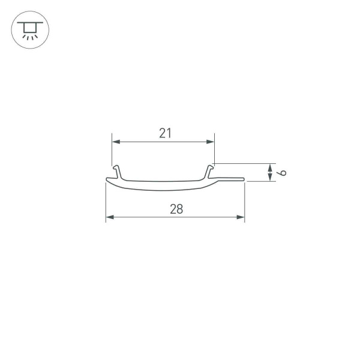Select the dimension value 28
(176, 209)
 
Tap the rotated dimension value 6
(283, 173)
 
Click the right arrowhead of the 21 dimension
(211, 142)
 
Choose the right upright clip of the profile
(211, 171)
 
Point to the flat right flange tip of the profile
(242, 178)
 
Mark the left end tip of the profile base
(107, 179)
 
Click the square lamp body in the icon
(29, 28)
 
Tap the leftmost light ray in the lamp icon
(24, 37)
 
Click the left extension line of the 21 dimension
(112, 150)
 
